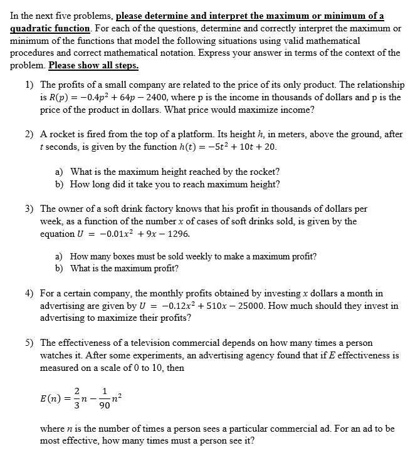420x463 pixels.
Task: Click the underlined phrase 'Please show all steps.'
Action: (x=93, y=65)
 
